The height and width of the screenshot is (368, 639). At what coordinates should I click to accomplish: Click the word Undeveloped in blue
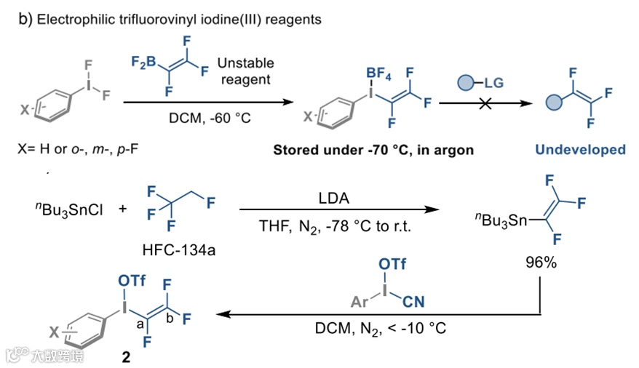(580, 150)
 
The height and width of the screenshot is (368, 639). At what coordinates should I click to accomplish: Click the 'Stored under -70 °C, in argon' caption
(373, 151)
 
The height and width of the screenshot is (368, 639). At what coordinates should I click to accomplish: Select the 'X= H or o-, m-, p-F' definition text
(74, 150)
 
